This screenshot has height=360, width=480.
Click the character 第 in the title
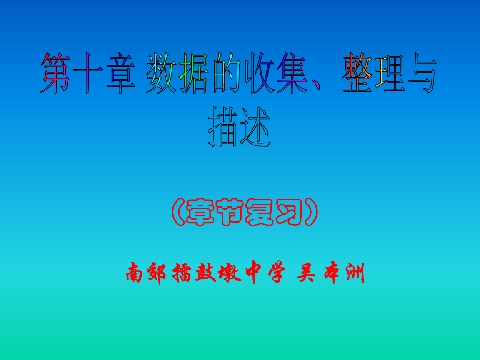click(55, 73)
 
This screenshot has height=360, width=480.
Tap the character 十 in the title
click(88, 73)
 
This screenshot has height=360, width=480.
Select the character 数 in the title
click(161, 73)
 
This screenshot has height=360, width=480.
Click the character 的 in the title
click(227, 73)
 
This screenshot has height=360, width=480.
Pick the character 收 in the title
click(259, 73)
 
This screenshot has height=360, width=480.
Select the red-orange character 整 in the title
click(357, 73)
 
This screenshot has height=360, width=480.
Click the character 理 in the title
click(390, 73)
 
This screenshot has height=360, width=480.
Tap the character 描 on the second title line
click(222, 127)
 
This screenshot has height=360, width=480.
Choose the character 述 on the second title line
click(255, 127)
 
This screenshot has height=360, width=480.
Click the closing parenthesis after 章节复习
click(311, 212)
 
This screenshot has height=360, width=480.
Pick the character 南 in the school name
click(135, 272)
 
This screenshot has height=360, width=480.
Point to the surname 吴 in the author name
click(306, 272)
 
